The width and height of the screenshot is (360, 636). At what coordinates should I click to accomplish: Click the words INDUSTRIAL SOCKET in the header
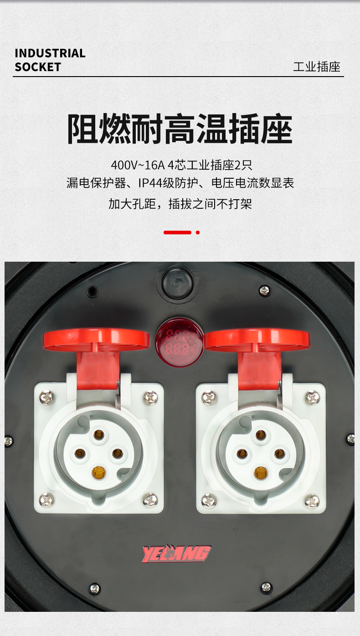(x=50, y=60)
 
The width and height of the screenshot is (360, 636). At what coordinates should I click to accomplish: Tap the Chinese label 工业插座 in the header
(x=317, y=67)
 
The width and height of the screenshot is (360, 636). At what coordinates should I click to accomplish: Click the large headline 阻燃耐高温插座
(x=180, y=129)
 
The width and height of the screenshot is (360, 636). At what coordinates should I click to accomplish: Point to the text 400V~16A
(x=138, y=165)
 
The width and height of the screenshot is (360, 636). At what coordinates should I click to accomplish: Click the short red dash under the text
(x=177, y=233)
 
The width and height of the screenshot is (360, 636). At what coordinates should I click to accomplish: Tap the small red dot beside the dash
(x=198, y=233)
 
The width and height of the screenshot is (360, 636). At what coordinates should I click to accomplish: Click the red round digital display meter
(x=179, y=342)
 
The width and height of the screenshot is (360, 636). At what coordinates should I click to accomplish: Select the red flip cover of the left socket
(x=97, y=355)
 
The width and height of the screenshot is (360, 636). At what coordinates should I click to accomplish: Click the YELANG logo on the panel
(x=176, y=553)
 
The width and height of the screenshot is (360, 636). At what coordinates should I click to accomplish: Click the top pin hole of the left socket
(x=99, y=434)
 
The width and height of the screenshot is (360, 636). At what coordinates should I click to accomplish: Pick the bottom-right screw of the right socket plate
(x=312, y=501)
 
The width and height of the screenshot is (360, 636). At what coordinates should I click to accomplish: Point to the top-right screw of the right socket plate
(x=313, y=397)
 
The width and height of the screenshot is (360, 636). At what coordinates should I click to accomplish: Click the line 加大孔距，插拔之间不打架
(x=180, y=204)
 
